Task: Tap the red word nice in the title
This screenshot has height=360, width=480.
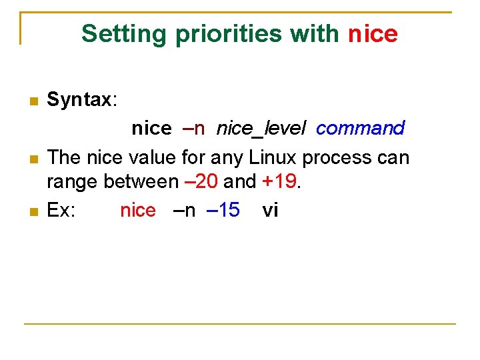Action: (373, 33)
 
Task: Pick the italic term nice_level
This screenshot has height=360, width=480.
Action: (261, 128)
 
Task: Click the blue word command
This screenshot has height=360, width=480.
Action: (360, 128)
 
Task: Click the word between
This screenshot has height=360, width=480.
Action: (141, 181)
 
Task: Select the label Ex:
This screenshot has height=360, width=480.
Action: (61, 211)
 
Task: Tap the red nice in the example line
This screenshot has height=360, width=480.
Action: (138, 211)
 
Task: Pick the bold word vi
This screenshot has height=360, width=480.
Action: (270, 211)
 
